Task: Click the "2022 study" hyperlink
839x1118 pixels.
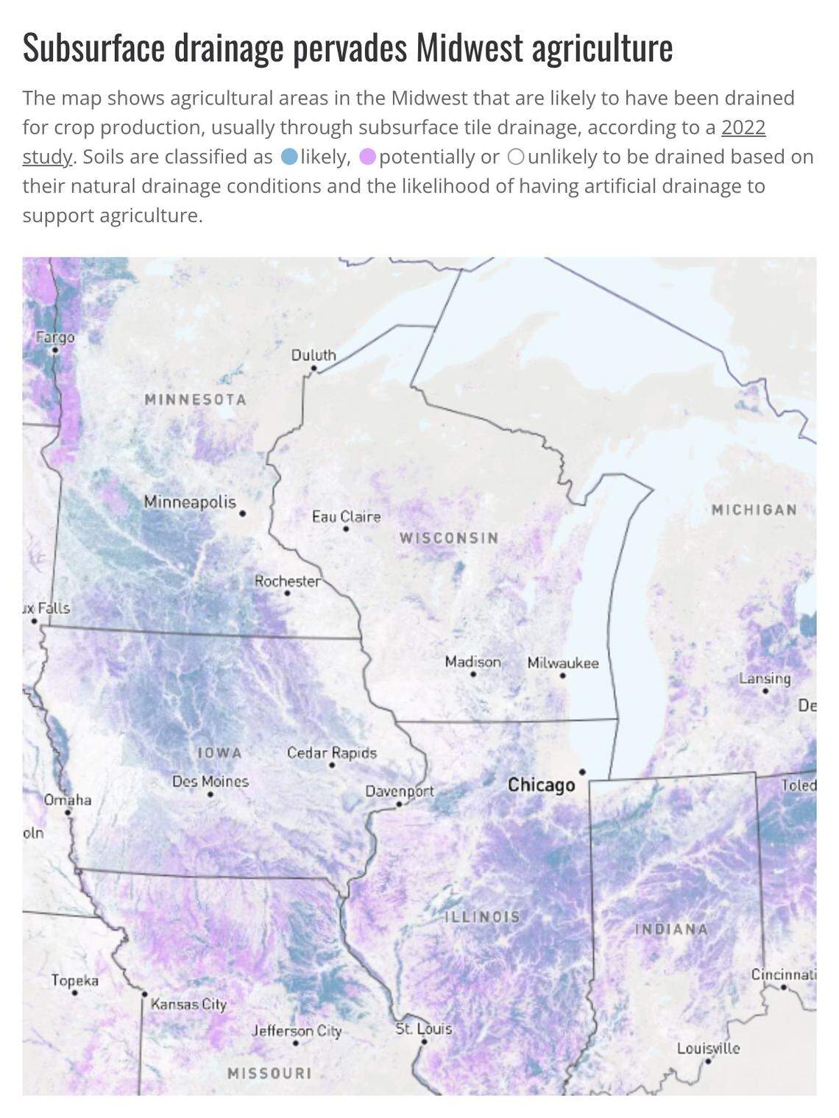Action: click(x=743, y=128)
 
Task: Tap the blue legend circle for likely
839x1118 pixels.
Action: click(x=290, y=157)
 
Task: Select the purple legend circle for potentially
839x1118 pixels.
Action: click(x=368, y=157)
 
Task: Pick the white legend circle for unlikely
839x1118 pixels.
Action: click(x=516, y=157)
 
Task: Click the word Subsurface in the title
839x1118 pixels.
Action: click(x=93, y=49)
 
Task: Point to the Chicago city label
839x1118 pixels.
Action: click(x=541, y=785)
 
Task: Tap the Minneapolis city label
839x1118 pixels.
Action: click(x=189, y=502)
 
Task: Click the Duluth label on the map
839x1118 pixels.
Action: click(x=314, y=355)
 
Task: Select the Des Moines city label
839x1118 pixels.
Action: click(x=210, y=781)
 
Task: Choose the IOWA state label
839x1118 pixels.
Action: click(x=219, y=753)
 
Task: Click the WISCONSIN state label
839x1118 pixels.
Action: click(x=449, y=538)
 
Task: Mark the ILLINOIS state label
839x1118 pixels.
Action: click(x=483, y=917)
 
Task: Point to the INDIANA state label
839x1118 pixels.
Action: click(x=671, y=929)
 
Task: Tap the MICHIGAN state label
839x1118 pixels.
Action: click(x=754, y=510)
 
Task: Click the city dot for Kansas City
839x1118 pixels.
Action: click(x=144, y=994)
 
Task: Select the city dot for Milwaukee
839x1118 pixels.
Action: click(x=563, y=675)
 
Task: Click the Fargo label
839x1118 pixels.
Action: click(x=55, y=338)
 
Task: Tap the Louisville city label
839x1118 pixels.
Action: click(x=708, y=1048)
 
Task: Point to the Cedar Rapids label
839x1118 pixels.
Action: click(x=331, y=753)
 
